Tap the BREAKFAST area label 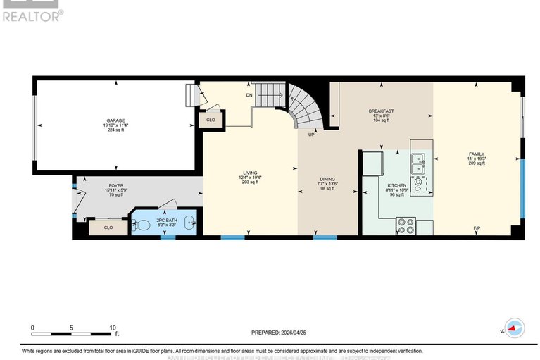[x=381, y=111]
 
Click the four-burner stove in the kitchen [x=406, y=225]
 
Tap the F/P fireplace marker [x=477, y=229]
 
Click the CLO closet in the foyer [x=108, y=228]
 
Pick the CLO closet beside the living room [x=211, y=120]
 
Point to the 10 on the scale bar [x=112, y=328]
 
